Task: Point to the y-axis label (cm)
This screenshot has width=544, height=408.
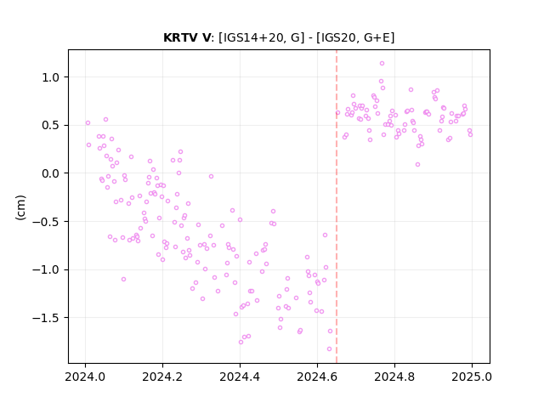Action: click(20, 207)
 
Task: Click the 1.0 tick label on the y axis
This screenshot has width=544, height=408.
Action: click(51, 77)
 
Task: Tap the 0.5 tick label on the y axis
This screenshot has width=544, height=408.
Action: click(51, 125)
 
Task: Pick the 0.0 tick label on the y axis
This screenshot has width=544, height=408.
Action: click(51, 173)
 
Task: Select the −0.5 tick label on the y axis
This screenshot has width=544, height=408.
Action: click(46, 222)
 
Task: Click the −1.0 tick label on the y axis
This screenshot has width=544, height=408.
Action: click(46, 269)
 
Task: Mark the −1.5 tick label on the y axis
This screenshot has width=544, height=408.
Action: click(46, 318)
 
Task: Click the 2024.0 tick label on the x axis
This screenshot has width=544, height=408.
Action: click(85, 377)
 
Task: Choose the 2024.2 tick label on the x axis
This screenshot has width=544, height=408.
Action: click(162, 377)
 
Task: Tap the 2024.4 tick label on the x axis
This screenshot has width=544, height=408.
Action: click(240, 377)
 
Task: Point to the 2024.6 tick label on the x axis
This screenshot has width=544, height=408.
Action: click(317, 377)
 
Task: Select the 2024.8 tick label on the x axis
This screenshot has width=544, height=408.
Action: click(394, 377)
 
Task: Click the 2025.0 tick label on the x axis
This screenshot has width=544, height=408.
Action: click(472, 377)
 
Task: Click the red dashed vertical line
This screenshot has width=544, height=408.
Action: click(337, 207)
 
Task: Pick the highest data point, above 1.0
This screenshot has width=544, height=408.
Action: click(382, 64)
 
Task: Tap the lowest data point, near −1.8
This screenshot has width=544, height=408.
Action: click(329, 349)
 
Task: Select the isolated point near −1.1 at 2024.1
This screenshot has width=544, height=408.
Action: click(123, 280)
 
